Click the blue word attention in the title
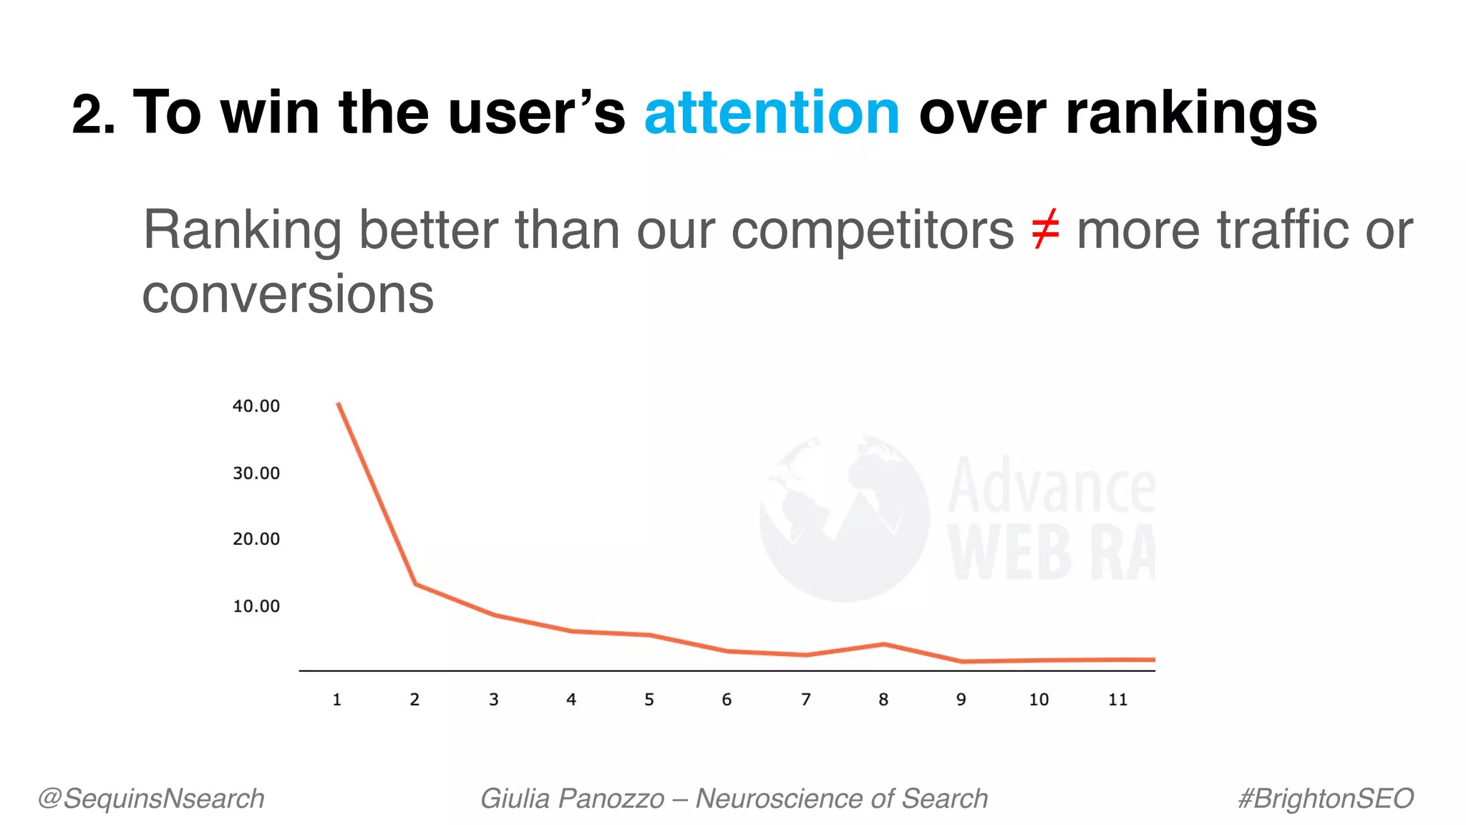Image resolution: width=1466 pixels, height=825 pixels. pyautogui.click(x=771, y=114)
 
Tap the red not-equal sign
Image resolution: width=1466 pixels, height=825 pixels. pyautogui.click(x=1045, y=231)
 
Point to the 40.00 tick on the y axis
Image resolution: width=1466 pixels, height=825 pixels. pyautogui.click(x=256, y=406)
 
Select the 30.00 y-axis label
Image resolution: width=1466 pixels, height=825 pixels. pyautogui.click(x=256, y=473)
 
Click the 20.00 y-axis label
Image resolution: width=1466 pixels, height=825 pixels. pyautogui.click(x=256, y=539)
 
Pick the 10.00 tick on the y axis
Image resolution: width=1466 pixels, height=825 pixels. pyautogui.click(x=256, y=607)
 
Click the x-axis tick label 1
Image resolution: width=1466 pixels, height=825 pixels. pyautogui.click(x=337, y=700)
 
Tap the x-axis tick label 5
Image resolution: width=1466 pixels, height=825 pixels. pyautogui.click(x=649, y=700)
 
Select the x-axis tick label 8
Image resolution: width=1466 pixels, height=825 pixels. pyautogui.click(x=883, y=700)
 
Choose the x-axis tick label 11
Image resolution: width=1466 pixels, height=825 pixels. pyautogui.click(x=1117, y=700)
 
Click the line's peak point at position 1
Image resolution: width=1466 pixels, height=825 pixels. pyautogui.click(x=339, y=404)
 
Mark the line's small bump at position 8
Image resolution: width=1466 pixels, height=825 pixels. pyautogui.click(x=884, y=645)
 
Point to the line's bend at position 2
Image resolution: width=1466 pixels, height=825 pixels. pyautogui.click(x=416, y=584)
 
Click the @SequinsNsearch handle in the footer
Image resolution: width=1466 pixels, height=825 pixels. pyautogui.click(x=151, y=799)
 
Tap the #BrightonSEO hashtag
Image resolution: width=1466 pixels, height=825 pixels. pyautogui.click(x=1326, y=799)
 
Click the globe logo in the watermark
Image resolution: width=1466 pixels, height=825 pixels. pyautogui.click(x=845, y=518)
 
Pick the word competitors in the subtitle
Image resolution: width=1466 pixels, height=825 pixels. pyautogui.click(x=872, y=231)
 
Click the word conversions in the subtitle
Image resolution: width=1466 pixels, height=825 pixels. pyautogui.click(x=288, y=295)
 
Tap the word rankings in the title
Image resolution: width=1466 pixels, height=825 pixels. pyautogui.click(x=1190, y=114)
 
